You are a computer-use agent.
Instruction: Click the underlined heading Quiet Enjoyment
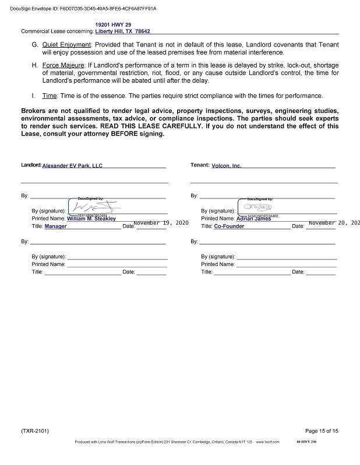coord(66,45)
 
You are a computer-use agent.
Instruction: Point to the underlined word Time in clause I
coord(49,96)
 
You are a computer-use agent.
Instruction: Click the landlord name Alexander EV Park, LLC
coord(72,166)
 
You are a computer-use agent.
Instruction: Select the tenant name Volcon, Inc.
coord(226,166)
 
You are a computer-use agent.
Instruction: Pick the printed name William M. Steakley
coord(91,219)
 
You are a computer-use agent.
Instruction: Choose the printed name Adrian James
coord(254,219)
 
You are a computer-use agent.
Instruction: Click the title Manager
coord(55,226)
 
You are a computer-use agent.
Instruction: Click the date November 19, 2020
coord(161,223)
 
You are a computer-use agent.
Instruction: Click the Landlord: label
coord(31,165)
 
